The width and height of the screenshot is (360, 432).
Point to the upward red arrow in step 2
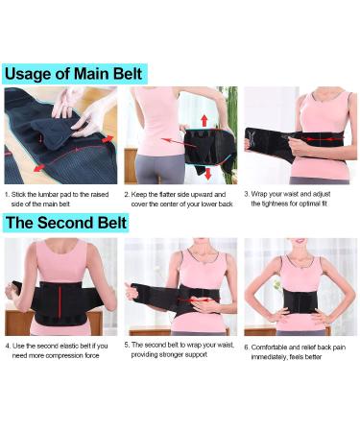click(x=203, y=119)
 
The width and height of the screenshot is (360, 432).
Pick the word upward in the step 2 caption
click(x=198, y=193)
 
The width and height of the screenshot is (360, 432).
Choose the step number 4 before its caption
click(x=9, y=344)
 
